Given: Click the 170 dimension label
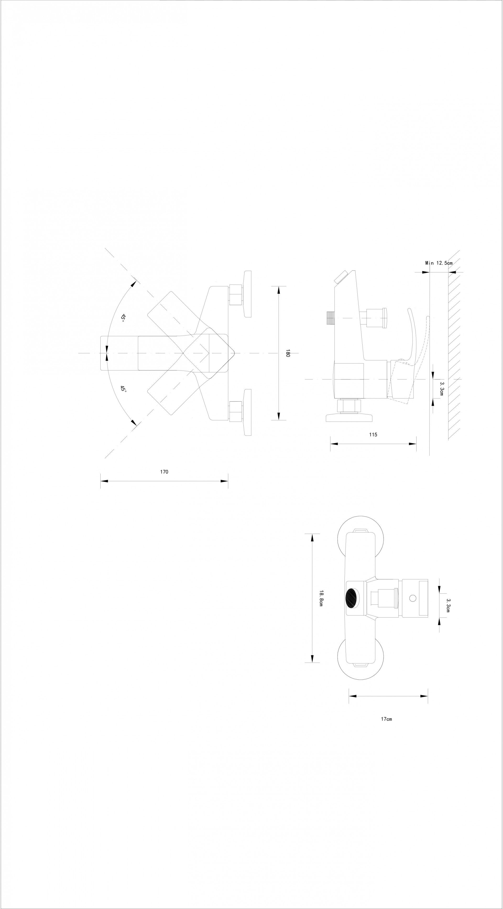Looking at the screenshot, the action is tap(164, 472).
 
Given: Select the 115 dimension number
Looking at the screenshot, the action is tap(373, 434).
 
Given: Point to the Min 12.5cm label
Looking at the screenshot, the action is tap(439, 263).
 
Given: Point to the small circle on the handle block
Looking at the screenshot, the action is tap(413, 598).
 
